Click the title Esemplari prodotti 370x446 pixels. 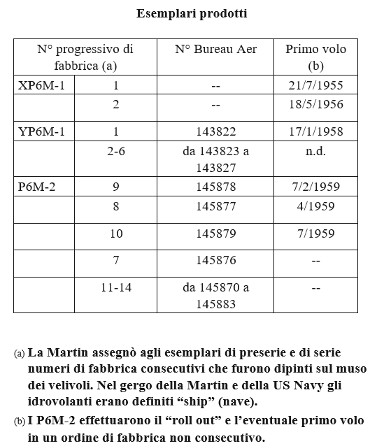tap(191, 13)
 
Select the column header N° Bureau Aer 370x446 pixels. tap(215, 50)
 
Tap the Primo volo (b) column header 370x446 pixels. tap(315, 57)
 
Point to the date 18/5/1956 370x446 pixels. tap(315, 105)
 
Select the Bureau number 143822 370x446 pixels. tap(215, 131)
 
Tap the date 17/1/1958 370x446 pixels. tap(315, 131)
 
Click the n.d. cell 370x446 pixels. tap(315, 151)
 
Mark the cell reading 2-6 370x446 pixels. tap(115, 151)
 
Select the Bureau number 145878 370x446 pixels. tap(215, 187)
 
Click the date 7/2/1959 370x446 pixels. tap(315, 187)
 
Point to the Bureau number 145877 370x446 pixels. tap(215, 206)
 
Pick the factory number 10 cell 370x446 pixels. tap(115, 233)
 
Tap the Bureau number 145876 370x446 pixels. tap(215, 260)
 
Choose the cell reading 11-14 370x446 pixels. tap(115, 287)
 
